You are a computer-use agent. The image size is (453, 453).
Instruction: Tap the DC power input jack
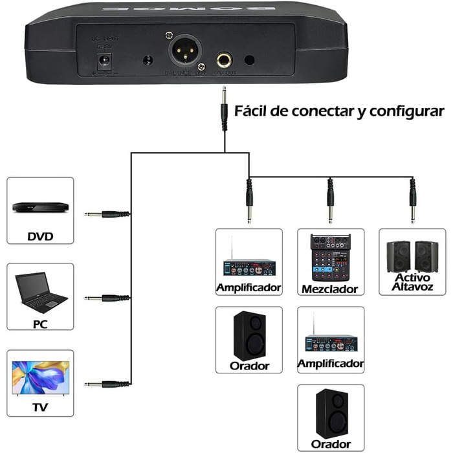[x=102, y=62]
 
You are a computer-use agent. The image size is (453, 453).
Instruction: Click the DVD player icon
[x=40, y=207]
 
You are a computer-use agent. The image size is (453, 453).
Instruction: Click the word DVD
[x=40, y=236]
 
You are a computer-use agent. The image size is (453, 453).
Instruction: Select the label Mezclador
[x=330, y=289]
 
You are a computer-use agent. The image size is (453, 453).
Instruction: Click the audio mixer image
[x=330, y=257]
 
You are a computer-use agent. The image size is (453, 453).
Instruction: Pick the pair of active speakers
[x=412, y=256]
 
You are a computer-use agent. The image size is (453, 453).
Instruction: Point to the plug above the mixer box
[x=330, y=200]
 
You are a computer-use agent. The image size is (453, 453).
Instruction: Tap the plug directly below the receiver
[x=225, y=110]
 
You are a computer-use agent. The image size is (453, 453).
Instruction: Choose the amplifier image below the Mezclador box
[x=330, y=341]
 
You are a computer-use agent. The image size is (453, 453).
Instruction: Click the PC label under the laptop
[x=40, y=321]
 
